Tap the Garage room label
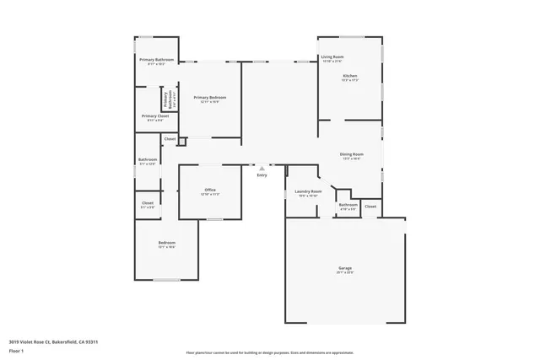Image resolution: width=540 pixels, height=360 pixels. (345, 268)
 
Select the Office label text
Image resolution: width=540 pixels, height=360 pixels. (210, 190)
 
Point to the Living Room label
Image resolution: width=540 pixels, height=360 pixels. (332, 57)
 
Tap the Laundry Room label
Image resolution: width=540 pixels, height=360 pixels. (308, 191)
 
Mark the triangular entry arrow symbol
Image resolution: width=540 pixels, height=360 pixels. (262, 168)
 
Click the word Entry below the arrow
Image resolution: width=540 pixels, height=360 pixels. (262, 175)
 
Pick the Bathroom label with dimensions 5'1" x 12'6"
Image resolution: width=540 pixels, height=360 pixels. (148, 159)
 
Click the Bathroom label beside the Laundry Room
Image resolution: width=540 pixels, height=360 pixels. (348, 204)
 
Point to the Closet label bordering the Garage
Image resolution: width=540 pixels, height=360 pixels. (370, 206)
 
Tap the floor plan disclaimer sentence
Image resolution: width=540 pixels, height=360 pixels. (269, 352)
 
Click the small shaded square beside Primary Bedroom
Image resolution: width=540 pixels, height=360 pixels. (181, 142)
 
